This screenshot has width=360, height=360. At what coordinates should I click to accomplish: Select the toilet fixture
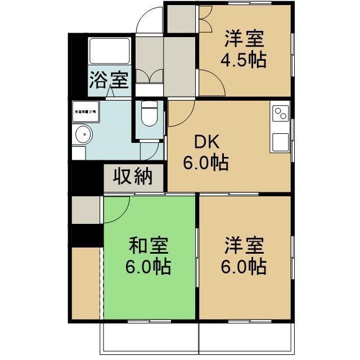[x=149, y=114]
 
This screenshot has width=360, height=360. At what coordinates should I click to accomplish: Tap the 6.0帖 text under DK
[x=205, y=163]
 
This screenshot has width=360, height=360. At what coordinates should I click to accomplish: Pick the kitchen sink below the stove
[x=280, y=141]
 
